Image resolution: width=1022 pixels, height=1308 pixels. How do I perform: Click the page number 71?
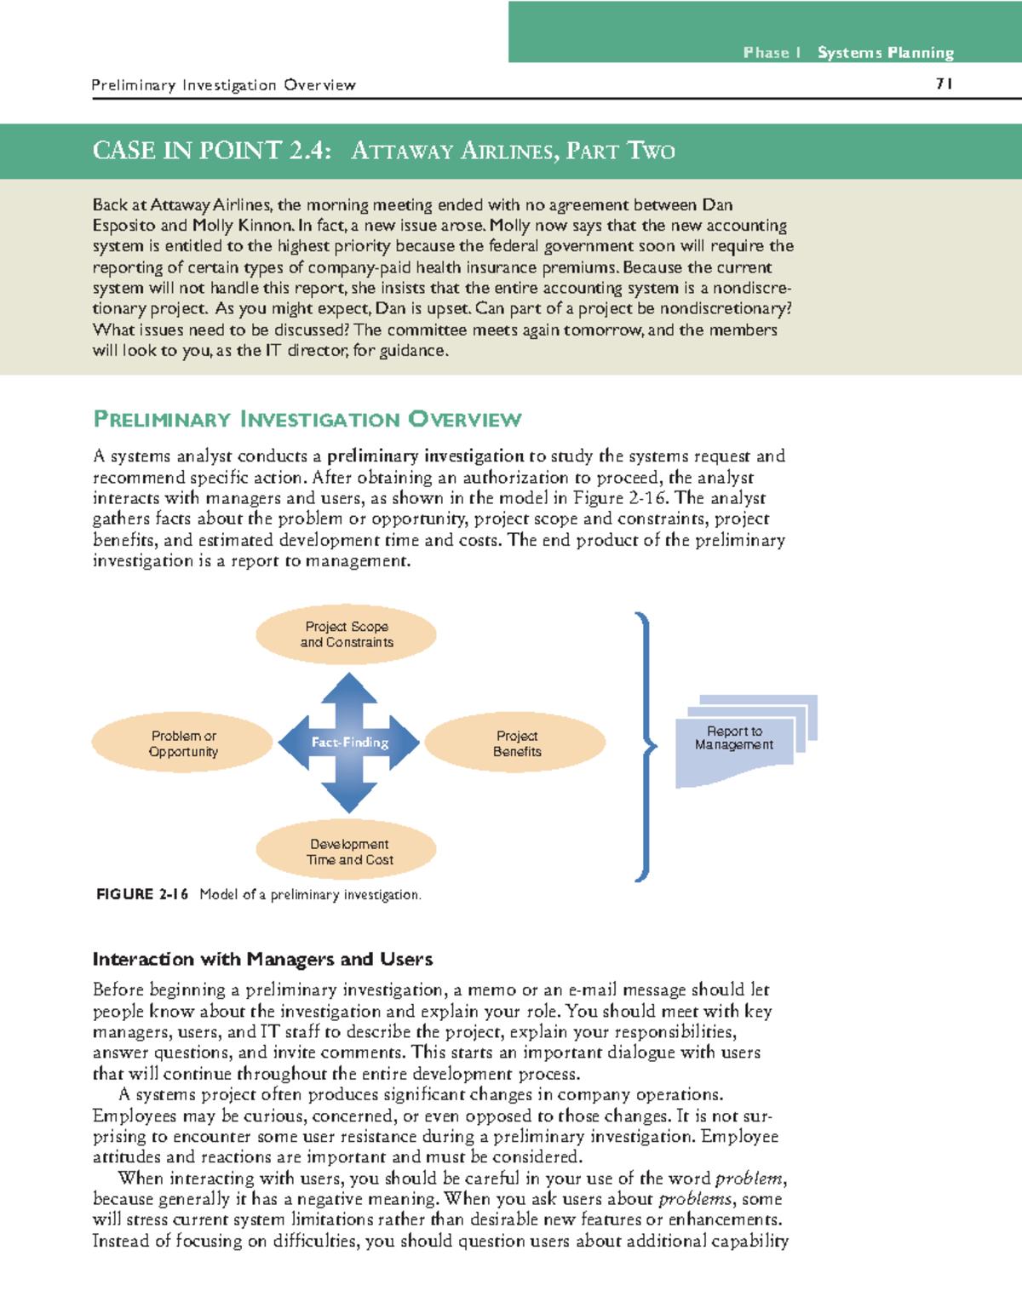(944, 83)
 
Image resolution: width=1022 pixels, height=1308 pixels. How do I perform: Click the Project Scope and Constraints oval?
(347, 634)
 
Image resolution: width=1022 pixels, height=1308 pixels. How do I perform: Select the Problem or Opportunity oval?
(183, 743)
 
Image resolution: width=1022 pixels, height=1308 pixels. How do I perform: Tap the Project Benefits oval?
(516, 743)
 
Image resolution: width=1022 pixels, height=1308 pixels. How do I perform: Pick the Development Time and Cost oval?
(347, 852)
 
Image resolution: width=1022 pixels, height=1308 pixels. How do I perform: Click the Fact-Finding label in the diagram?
(349, 743)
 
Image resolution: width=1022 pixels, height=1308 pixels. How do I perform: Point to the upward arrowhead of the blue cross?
(349, 686)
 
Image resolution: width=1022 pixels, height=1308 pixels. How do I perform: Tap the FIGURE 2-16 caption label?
(141, 894)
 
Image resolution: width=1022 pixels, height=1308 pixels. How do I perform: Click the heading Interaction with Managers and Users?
(262, 960)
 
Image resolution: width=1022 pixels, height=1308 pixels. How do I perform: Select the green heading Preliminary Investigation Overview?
(307, 420)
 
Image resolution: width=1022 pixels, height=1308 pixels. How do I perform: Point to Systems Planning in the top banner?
(885, 53)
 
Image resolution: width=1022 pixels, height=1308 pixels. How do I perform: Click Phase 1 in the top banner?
(771, 53)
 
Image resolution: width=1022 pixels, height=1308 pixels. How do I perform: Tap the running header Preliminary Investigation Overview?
(223, 85)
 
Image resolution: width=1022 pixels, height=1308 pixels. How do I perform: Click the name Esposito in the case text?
(123, 226)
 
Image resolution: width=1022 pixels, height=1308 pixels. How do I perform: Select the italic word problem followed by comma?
(749, 1179)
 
